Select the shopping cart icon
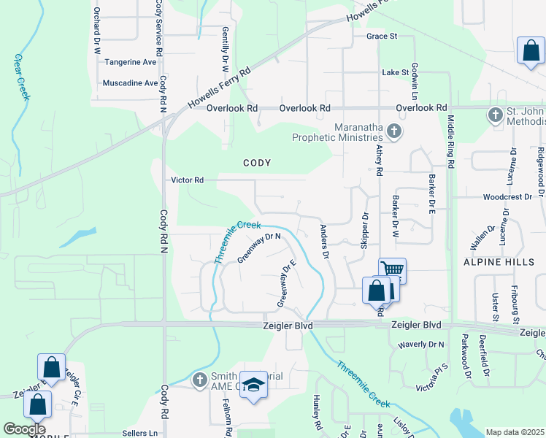point(392,269)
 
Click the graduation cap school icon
point(253,385)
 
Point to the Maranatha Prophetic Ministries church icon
point(394,131)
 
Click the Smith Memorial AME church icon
point(200,380)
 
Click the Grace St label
point(381,36)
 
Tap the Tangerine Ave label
point(131,63)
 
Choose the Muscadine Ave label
point(131,83)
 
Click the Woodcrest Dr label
point(507,197)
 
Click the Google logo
point(24,429)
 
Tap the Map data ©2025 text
point(515,432)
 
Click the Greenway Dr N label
point(260,247)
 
